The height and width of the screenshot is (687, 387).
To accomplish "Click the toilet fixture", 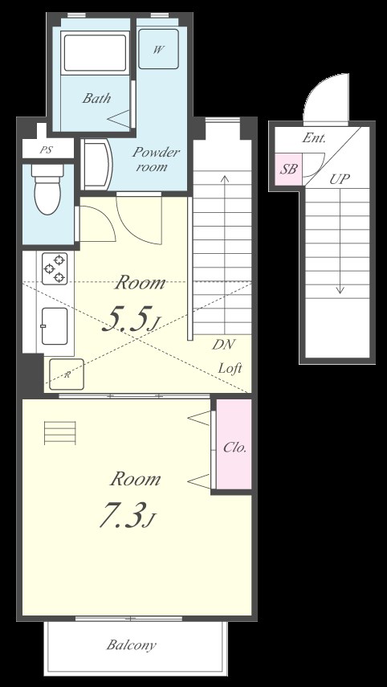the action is (47, 188).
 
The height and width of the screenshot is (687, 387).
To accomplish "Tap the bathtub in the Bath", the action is (95, 52).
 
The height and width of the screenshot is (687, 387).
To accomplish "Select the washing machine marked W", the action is (158, 49).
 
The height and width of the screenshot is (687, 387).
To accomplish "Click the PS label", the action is (47, 150).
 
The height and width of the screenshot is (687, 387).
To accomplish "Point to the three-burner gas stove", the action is (55, 268).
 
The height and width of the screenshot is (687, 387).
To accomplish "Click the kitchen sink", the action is (55, 326).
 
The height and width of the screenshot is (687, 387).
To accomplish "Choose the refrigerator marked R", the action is (66, 374).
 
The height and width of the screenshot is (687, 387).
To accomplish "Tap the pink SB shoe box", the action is (288, 169).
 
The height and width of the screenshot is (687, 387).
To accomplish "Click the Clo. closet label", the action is (235, 448).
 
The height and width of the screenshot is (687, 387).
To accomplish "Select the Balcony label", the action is (132, 644).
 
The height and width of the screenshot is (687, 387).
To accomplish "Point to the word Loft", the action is (230, 368).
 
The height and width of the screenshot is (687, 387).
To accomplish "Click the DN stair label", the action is (224, 345).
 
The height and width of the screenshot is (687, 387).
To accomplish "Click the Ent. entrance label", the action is (314, 139).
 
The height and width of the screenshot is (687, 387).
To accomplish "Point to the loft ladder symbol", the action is (60, 432).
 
